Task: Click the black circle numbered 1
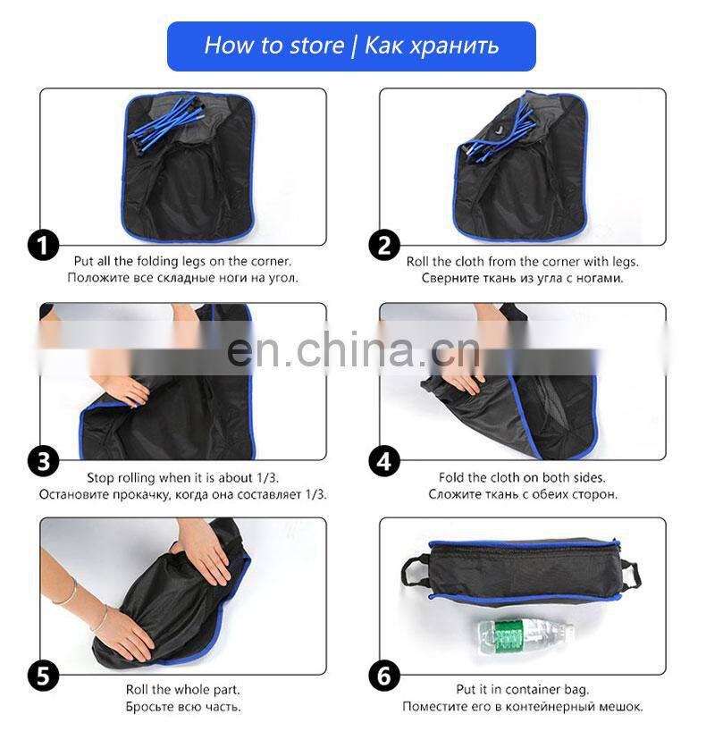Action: [43, 245]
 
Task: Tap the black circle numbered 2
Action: [383, 245]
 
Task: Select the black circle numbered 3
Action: [43, 461]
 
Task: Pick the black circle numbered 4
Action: [383, 461]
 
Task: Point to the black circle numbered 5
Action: [43, 676]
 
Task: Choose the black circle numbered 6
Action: [383, 676]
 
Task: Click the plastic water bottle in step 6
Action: [524, 634]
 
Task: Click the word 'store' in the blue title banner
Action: [316, 46]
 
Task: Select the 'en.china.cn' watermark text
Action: [353, 349]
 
